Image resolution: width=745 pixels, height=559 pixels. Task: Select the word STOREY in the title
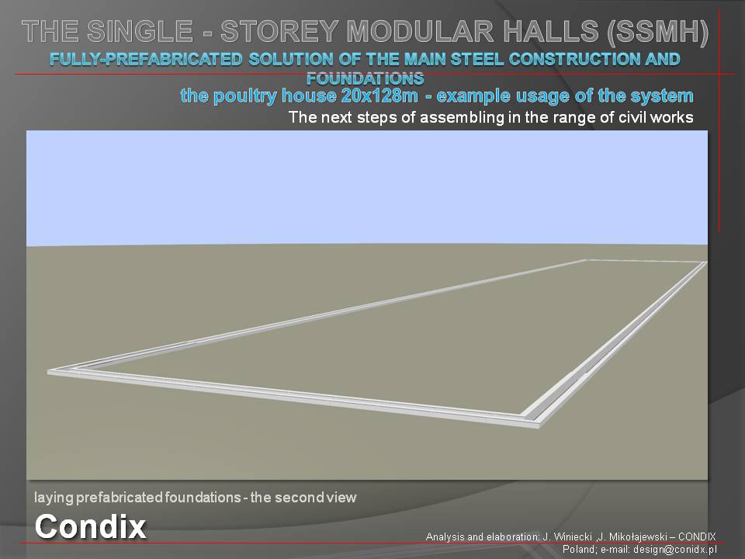coord(279,31)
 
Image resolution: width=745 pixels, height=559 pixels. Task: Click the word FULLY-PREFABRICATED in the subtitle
coord(146,60)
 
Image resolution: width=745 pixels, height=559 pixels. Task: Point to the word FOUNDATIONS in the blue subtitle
coord(365,78)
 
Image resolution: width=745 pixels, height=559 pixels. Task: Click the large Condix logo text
coord(90,526)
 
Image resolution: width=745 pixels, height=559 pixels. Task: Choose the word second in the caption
coord(298,498)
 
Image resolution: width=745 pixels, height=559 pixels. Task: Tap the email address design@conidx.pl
coord(674,550)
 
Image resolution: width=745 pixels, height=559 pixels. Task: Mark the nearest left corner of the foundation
coord(48,373)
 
